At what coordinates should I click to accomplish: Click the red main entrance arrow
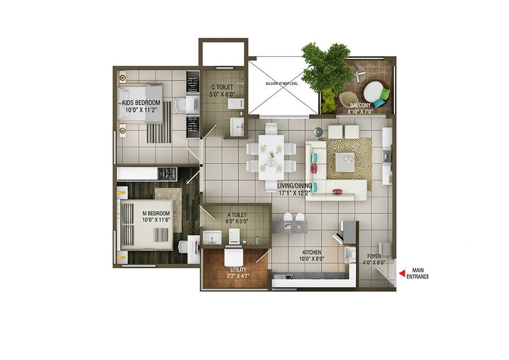point(401,273)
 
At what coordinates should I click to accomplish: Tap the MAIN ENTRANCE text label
point(417,273)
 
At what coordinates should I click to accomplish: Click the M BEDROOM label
point(155,213)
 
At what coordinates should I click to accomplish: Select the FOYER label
point(372,256)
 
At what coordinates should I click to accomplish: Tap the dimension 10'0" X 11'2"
point(138,110)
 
